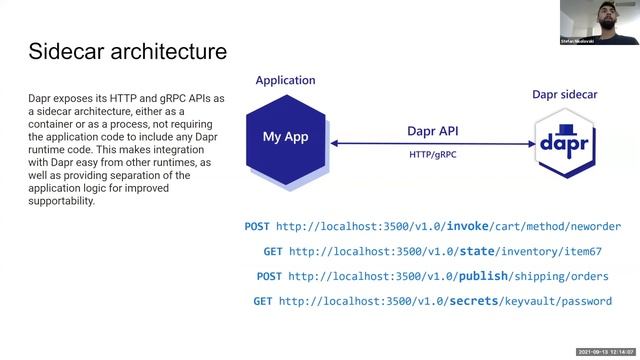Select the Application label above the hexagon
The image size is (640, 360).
click(x=285, y=80)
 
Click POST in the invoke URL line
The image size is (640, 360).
click(x=257, y=227)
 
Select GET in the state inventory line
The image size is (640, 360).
click(x=273, y=252)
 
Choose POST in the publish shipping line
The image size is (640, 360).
click(x=269, y=277)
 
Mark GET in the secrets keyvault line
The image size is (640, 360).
click(x=263, y=302)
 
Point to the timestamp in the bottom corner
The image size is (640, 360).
click(x=607, y=352)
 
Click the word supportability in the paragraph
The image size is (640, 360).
click(x=62, y=201)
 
